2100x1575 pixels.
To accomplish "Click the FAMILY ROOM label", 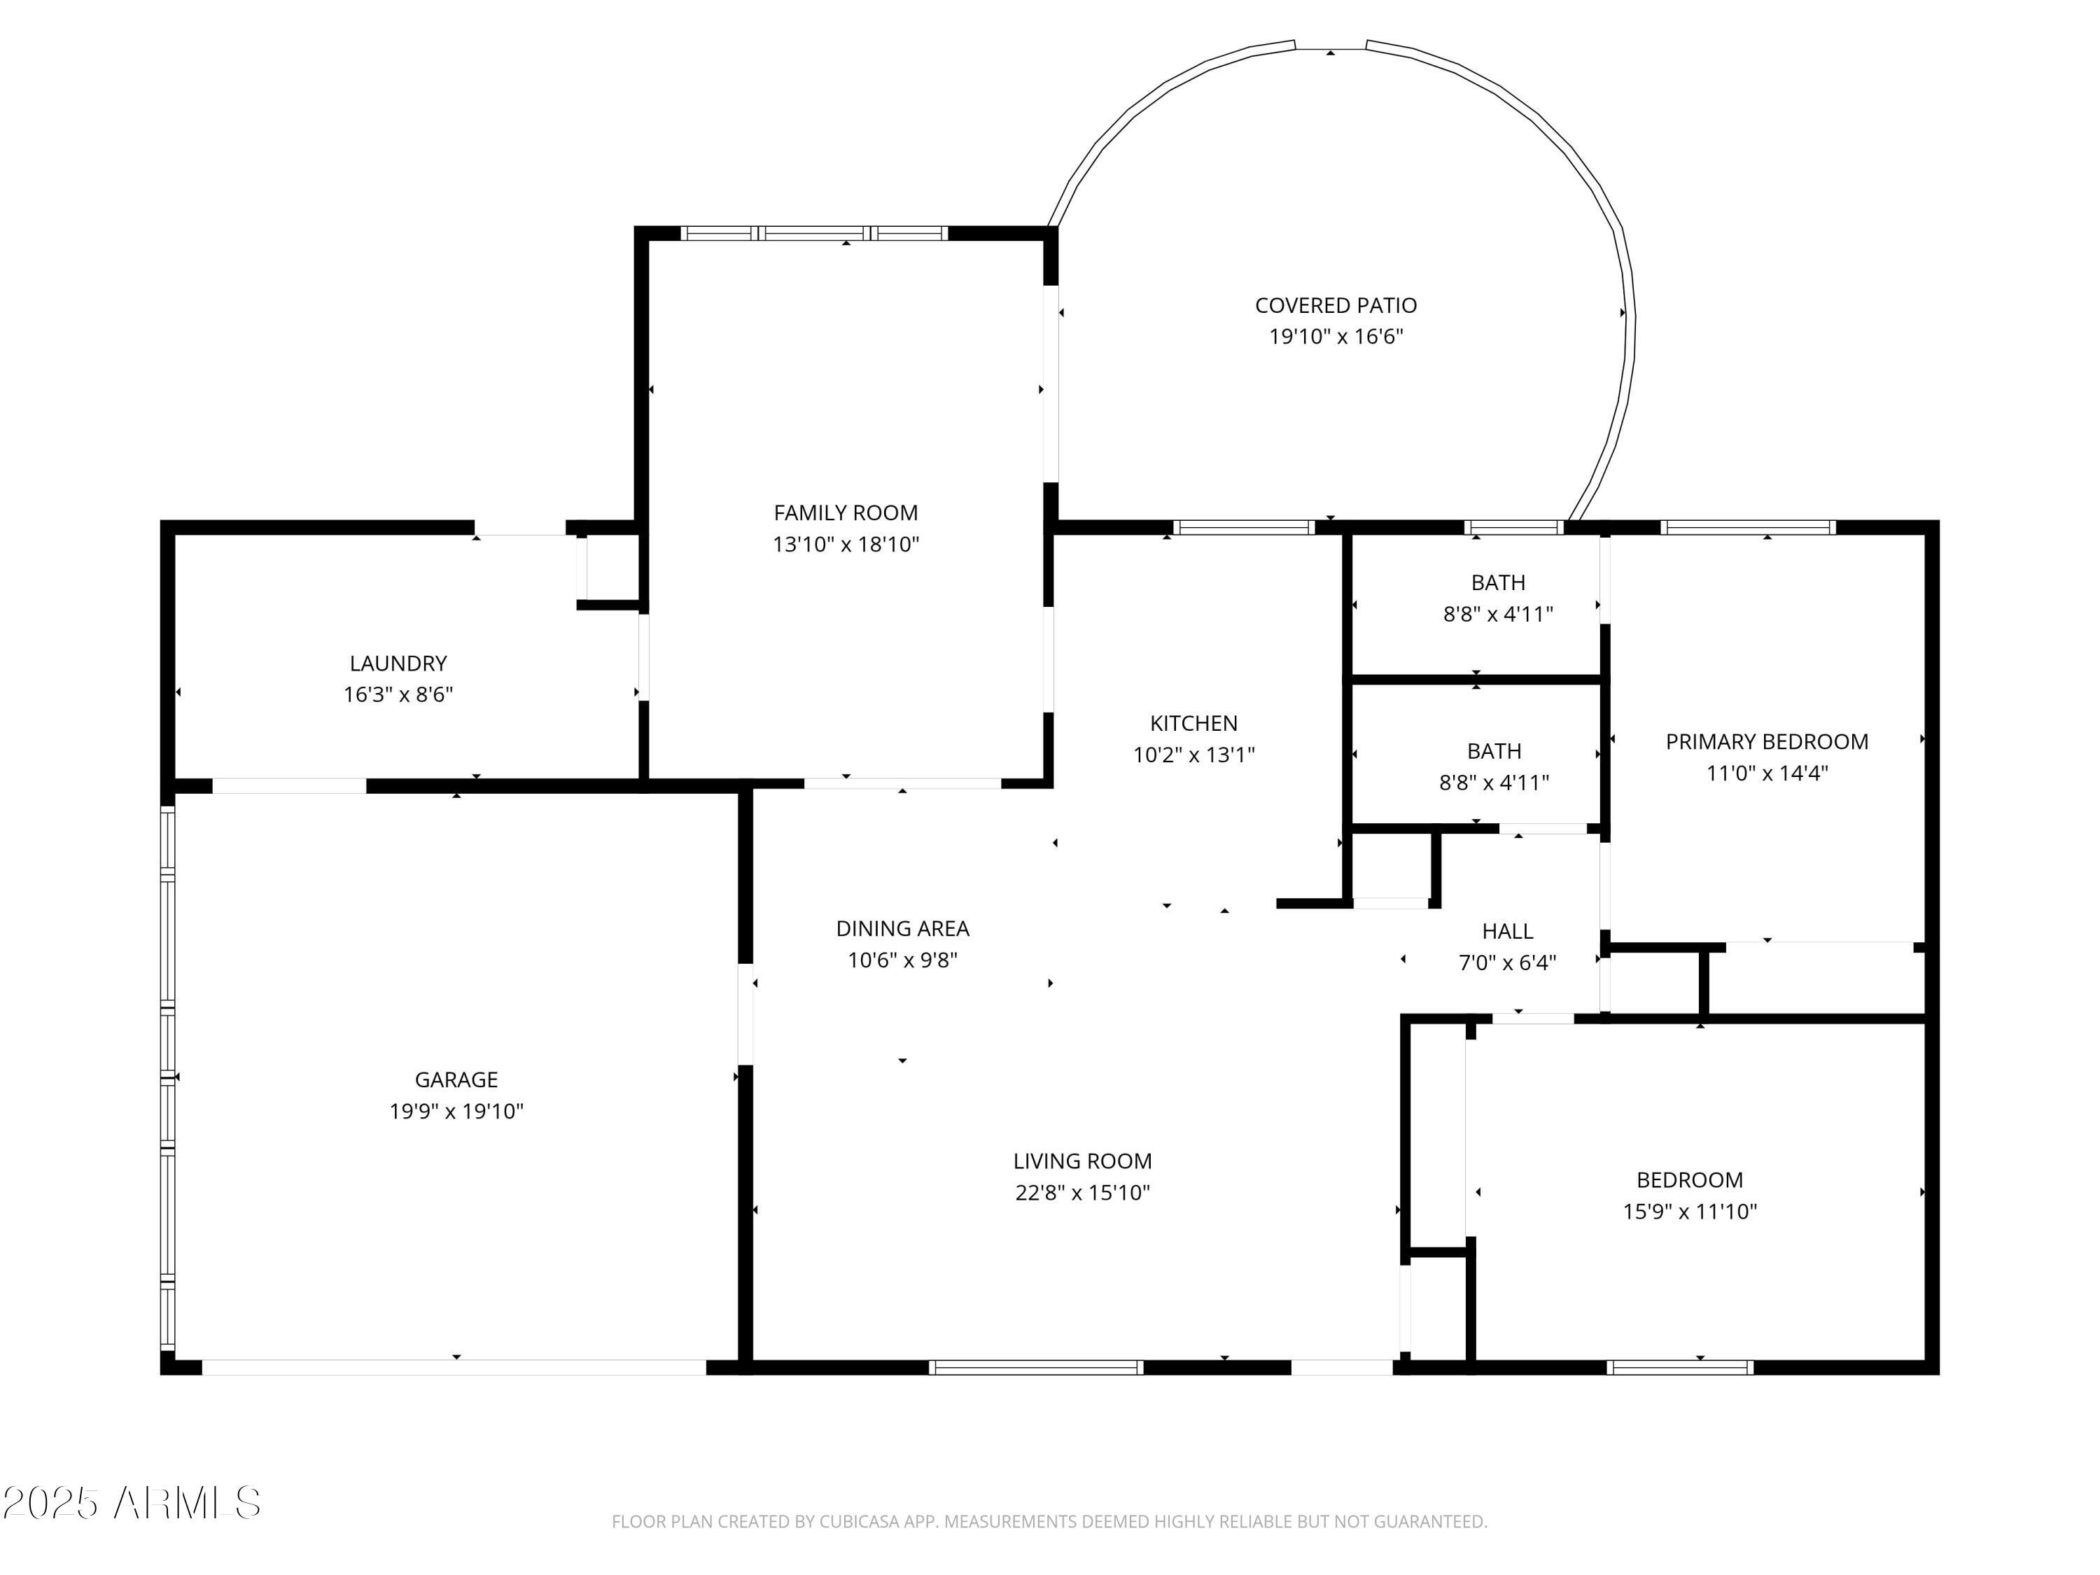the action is [x=846, y=512].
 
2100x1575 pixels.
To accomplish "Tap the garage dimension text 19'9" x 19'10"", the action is [x=456, y=1111].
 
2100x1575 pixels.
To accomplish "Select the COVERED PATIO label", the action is [x=1336, y=306].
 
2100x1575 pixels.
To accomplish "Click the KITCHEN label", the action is [x=1193, y=723].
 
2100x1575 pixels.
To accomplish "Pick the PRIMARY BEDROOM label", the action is [x=1767, y=741].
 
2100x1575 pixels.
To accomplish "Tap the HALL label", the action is [x=1508, y=931].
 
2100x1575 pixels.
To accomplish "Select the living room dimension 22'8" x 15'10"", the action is [x=1082, y=1192].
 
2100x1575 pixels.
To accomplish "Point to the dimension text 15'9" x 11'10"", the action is [x=1690, y=1212].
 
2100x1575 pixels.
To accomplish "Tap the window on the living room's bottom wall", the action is [x=1036, y=1367].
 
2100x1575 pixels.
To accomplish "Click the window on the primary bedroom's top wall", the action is [x=1748, y=527].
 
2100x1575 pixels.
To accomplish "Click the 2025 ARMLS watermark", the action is [x=132, y=1503].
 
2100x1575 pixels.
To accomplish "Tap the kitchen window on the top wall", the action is [x=1244, y=527].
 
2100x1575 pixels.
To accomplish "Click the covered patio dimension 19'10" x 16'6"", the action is [x=1336, y=336].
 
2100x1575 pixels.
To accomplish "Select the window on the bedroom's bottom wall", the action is [x=1681, y=1367].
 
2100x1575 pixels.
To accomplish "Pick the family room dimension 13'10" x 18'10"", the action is [x=846, y=544].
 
